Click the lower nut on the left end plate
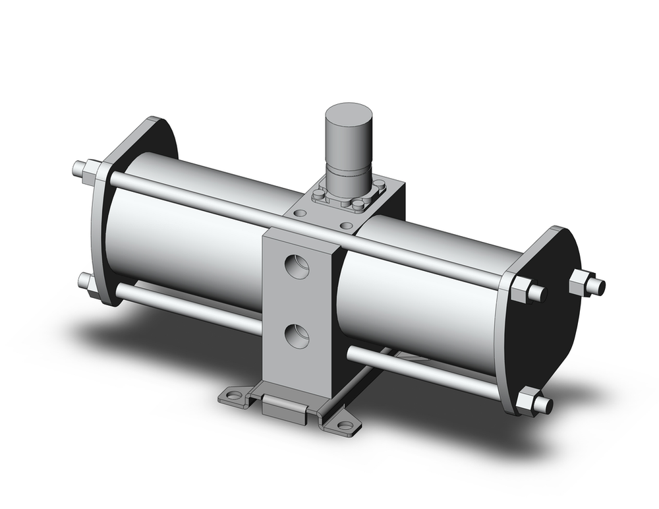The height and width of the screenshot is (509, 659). pos(86,282)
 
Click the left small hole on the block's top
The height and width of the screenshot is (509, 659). pos(301,214)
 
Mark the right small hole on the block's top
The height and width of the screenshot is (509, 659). pos(346,225)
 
